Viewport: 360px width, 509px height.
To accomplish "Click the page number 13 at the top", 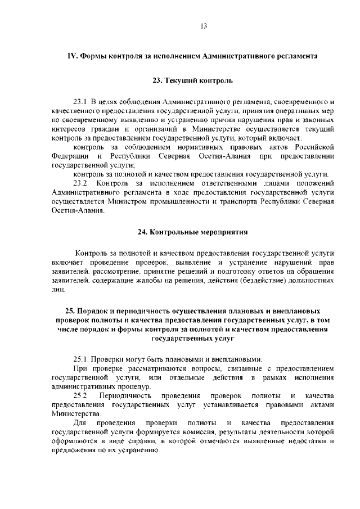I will click(204, 26).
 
